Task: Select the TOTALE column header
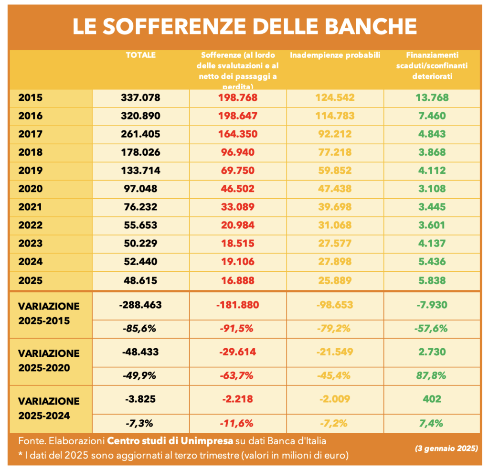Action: tap(140, 55)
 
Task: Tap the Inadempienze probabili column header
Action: tap(335, 55)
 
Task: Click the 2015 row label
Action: tap(30, 98)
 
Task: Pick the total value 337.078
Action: tap(140, 98)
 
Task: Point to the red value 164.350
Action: tap(238, 134)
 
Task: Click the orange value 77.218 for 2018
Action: tap(335, 152)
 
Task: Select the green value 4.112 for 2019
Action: tap(432, 171)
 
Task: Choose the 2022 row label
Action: tap(30, 225)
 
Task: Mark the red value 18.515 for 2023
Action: tap(238, 243)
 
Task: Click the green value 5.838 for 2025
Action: tap(432, 280)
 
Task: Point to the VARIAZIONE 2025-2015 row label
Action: tap(49, 313)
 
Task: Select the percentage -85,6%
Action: tap(140, 328)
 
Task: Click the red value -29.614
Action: tap(238, 352)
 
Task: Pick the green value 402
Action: tap(432, 399)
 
